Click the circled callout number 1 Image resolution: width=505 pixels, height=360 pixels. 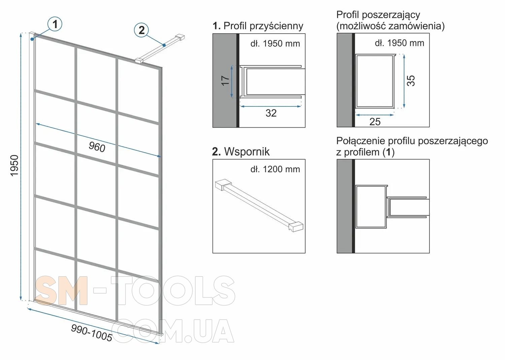coord(55,24)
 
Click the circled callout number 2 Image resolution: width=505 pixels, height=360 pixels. coord(141,30)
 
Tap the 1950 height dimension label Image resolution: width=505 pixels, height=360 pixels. coord(14,166)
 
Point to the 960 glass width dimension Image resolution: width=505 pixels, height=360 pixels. coord(97,147)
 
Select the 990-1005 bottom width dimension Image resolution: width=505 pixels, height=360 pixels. coord(92,333)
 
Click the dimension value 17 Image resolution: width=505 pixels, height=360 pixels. coord(226,80)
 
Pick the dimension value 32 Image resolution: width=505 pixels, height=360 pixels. coord(271,113)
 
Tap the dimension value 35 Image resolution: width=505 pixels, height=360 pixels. coord(411,80)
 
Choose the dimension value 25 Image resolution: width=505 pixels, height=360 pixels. coord(375,122)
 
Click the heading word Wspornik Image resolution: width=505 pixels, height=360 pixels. coord(247,151)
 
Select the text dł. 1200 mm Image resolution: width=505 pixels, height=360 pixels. coord(275,169)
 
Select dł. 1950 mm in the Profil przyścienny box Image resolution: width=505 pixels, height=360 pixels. coord(275,43)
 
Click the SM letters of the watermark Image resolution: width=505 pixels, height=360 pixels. coord(61,291)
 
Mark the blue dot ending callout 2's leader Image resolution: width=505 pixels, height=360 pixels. coord(164,45)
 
